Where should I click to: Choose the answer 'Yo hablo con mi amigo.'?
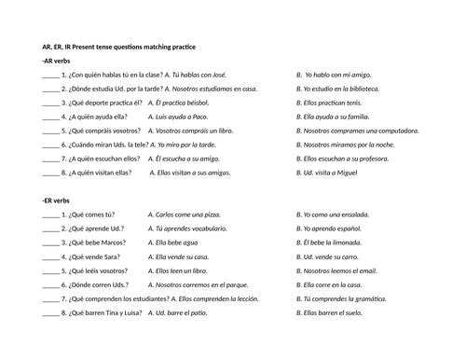click(x=336, y=75)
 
